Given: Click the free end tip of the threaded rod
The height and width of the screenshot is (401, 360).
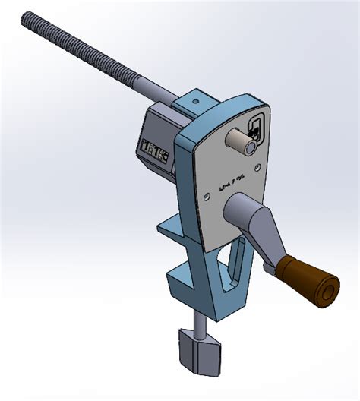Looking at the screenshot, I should coord(27,16).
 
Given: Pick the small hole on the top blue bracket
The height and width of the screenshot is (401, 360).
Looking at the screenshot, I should coord(195,99).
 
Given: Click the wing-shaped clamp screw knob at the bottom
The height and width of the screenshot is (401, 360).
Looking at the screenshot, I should coord(199,350).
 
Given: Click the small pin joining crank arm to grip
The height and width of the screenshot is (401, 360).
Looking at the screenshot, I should coord(270,266).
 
